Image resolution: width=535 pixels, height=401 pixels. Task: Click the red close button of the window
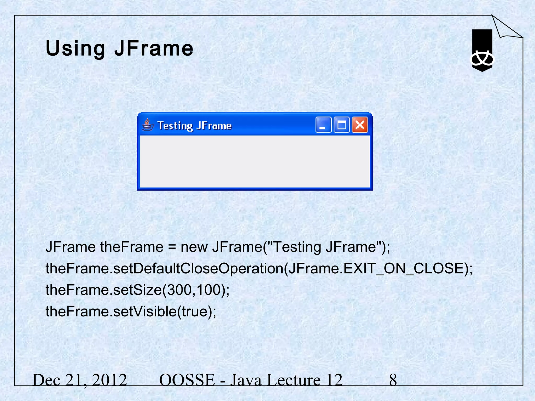pyautogui.click(x=360, y=125)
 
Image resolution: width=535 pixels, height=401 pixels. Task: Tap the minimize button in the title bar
pyautogui.click(x=323, y=125)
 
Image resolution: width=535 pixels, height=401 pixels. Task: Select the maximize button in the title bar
pyautogui.click(x=342, y=125)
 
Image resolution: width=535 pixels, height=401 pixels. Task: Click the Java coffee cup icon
pyautogui.click(x=148, y=125)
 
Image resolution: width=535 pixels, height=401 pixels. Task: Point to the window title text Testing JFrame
pyautogui.click(x=195, y=126)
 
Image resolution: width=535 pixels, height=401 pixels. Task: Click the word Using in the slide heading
pyautogui.click(x=75, y=49)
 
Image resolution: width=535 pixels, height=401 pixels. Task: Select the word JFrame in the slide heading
pyautogui.click(x=154, y=49)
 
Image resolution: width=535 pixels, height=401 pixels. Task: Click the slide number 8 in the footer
pyautogui.click(x=393, y=380)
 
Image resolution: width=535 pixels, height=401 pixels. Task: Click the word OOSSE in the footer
pyautogui.click(x=187, y=380)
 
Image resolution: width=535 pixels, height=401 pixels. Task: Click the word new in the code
pyautogui.click(x=194, y=247)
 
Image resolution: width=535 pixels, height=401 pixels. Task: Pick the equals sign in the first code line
pyautogui.click(x=172, y=247)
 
